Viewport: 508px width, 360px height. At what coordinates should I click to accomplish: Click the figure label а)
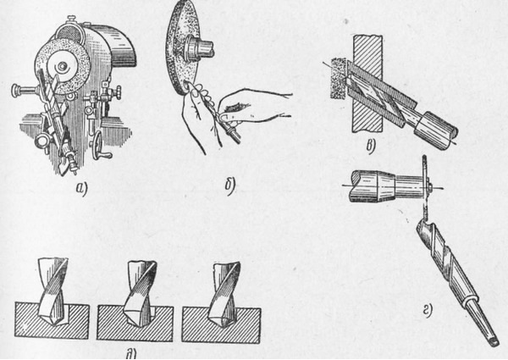point(80,189)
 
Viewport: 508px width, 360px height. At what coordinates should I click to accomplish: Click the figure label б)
point(229,187)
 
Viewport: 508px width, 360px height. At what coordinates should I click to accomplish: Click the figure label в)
point(371,147)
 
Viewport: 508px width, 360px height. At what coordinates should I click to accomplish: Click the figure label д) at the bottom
point(131,354)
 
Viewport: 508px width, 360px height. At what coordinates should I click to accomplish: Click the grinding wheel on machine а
point(62,68)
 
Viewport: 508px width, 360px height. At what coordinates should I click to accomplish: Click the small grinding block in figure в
point(338,79)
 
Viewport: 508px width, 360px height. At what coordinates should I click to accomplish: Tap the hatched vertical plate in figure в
point(367,84)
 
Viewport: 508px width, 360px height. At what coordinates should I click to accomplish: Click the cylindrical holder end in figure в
point(436,130)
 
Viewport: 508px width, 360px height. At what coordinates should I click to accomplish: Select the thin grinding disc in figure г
point(424,188)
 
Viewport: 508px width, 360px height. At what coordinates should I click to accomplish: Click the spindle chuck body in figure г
point(373,186)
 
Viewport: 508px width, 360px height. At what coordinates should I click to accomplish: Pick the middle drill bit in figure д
point(140,292)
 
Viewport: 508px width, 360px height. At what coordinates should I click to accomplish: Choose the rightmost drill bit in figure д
point(224,294)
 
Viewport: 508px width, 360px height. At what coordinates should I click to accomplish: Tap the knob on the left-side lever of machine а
point(15,91)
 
